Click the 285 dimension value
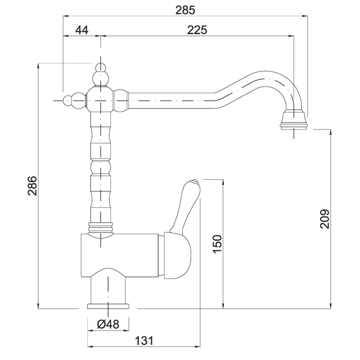click(x=185, y=10)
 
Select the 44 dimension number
click(x=82, y=30)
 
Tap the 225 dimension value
click(x=197, y=30)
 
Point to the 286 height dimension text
click(x=32, y=186)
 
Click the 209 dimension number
click(x=324, y=219)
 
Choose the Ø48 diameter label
click(x=108, y=324)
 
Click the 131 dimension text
click(x=144, y=341)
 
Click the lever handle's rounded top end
click(x=193, y=183)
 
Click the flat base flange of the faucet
click(x=108, y=306)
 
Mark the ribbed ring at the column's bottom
click(x=100, y=227)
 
